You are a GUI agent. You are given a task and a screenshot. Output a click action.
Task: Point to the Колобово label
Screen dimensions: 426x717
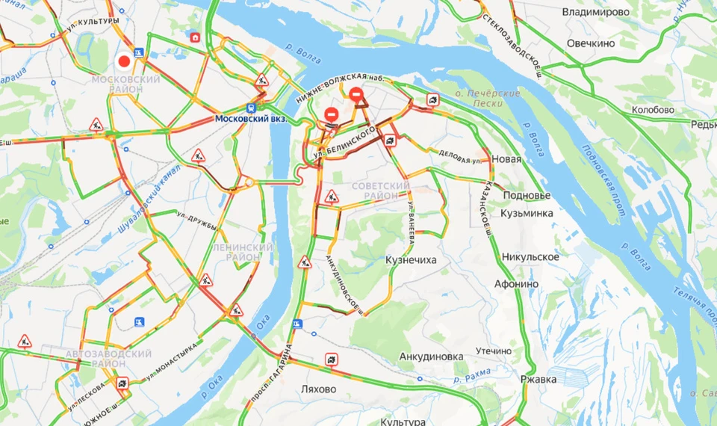click(x=653, y=110)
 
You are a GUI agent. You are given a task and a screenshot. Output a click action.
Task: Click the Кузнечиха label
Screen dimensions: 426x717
click(x=411, y=260)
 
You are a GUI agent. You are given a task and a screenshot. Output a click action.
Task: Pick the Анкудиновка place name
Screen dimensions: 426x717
click(x=431, y=356)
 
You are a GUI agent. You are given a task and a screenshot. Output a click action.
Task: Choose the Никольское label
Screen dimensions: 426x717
click(x=530, y=257)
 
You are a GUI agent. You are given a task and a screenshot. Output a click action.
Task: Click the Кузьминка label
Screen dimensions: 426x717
click(x=528, y=214)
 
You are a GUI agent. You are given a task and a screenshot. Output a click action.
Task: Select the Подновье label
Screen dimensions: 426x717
click(x=527, y=195)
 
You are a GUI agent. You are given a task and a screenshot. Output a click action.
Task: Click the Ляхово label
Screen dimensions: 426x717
click(x=317, y=389)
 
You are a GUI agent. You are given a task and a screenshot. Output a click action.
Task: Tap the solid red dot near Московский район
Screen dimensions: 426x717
click(x=124, y=61)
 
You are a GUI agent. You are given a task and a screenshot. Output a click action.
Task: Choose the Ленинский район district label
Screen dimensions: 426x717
click(x=243, y=252)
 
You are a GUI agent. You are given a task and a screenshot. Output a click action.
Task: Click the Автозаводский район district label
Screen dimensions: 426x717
click(x=108, y=358)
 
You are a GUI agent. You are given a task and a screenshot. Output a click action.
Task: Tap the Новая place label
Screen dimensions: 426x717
click(x=506, y=159)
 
